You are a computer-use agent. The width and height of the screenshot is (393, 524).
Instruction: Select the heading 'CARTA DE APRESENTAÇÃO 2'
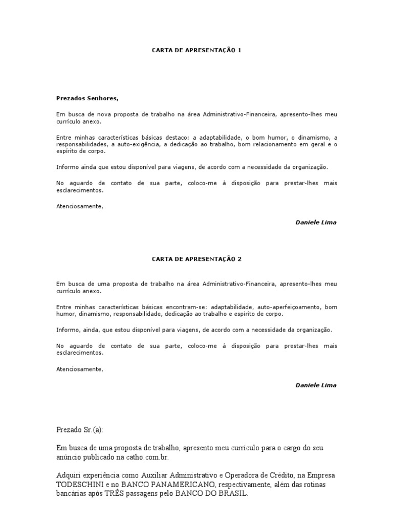pyautogui.click(x=196, y=259)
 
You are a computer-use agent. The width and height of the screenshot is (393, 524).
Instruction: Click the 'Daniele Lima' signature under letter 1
pyautogui.click(x=316, y=223)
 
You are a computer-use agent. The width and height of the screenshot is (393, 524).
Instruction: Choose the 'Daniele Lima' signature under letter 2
pyautogui.click(x=316, y=385)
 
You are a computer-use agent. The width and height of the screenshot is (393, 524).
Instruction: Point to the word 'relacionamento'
pyautogui.click(x=273, y=144)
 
